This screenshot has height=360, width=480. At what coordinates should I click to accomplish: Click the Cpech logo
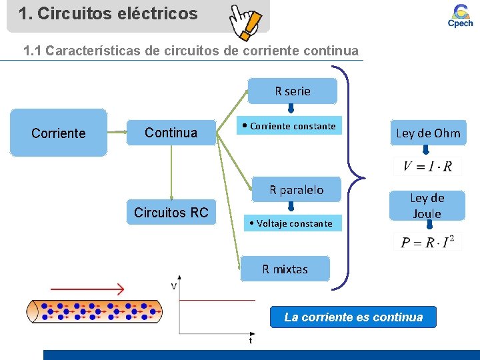tap(460, 15)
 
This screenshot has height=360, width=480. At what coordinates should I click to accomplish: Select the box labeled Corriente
tap(59, 133)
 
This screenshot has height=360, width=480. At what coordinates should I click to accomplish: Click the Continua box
tap(171, 133)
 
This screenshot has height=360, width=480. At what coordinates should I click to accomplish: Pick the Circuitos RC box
tap(171, 213)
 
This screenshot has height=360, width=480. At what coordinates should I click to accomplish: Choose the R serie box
tap(293, 91)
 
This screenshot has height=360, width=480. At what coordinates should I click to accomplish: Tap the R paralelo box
tap(296, 190)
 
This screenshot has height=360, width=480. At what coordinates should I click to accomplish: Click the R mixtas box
tap(285, 269)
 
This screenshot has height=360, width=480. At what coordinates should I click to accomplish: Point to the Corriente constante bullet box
tap(290, 126)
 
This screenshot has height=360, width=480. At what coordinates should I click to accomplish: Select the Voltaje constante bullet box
tap(290, 223)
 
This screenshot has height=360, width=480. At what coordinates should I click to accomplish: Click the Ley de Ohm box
tap(428, 133)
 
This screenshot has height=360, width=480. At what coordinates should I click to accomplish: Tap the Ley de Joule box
tap(427, 205)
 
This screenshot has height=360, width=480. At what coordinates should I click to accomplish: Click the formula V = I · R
tap(427, 167)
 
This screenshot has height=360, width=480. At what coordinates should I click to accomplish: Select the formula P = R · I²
tap(427, 242)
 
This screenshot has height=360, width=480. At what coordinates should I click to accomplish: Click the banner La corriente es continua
tap(353, 317)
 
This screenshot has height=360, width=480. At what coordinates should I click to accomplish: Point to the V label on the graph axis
tap(173, 286)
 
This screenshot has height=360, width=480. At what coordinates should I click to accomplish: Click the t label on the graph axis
tap(250, 341)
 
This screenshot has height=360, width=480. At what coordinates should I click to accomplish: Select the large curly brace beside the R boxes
tap(353, 179)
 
